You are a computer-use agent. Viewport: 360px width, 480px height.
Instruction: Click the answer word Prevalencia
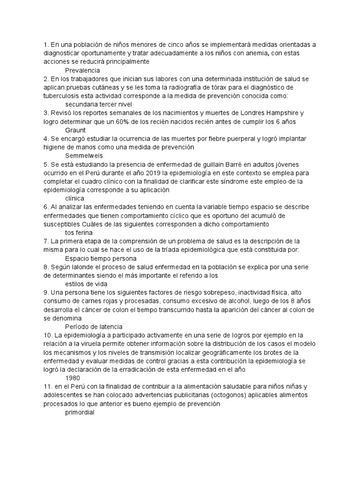(82, 70)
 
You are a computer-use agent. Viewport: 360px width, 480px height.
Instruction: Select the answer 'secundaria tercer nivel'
(98, 105)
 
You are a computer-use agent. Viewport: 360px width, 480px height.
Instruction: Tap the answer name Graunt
(75, 130)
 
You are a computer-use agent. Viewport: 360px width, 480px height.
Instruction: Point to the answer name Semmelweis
(84, 156)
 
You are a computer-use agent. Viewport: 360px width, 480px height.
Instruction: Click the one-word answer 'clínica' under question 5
(75, 198)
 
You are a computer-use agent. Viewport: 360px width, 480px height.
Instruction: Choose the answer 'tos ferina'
(79, 232)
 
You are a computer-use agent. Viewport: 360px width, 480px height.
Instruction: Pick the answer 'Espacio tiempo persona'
(101, 258)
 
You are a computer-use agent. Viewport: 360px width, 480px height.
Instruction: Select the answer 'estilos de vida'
(86, 284)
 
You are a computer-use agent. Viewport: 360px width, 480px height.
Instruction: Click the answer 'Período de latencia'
(94, 326)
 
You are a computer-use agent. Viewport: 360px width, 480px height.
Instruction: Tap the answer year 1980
(73, 378)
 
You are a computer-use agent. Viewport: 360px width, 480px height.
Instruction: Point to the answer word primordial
(80, 412)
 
